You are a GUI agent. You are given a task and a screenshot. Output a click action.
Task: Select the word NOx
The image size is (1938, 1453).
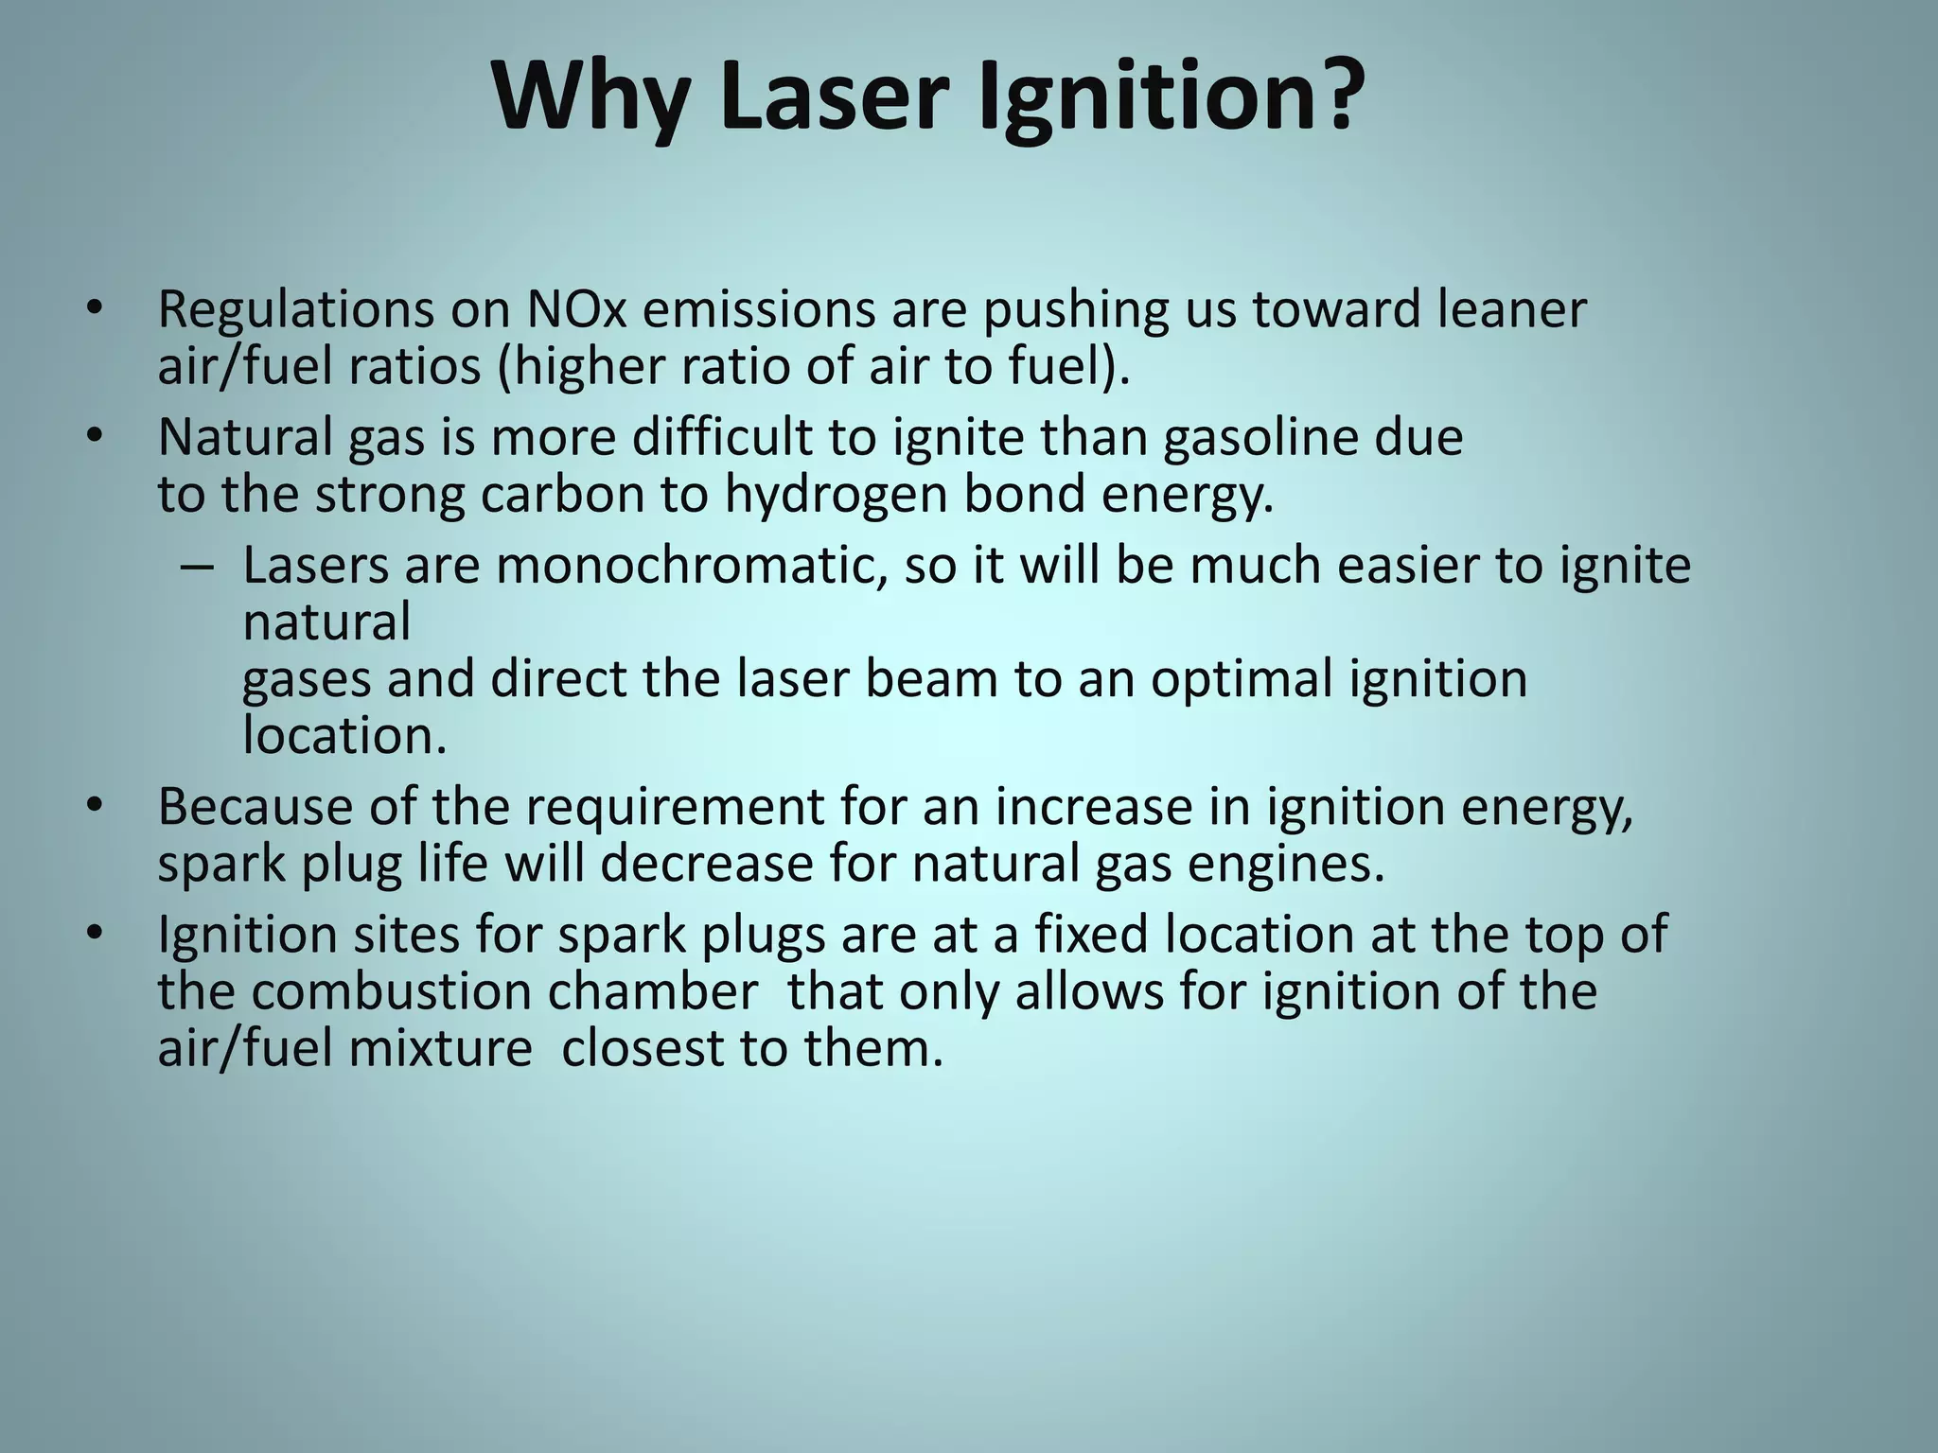coord(576,309)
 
